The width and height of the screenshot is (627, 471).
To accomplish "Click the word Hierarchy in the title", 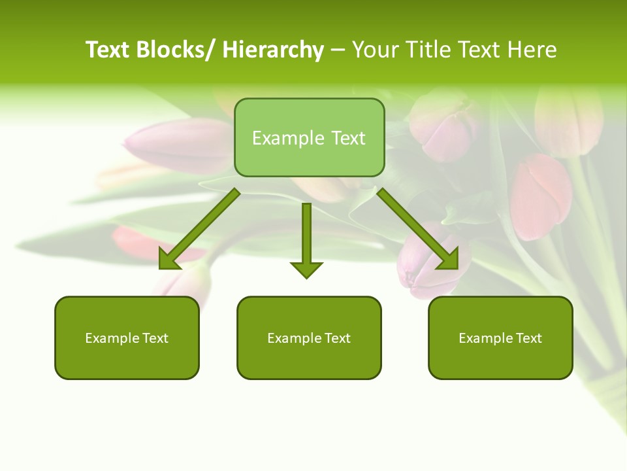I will (273, 50).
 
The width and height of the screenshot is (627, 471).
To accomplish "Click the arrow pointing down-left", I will (199, 229).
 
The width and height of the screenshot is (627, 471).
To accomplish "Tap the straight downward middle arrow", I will (306, 235).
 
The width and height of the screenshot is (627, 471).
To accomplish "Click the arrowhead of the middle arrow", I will (306, 270).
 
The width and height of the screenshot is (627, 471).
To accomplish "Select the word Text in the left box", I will (155, 338).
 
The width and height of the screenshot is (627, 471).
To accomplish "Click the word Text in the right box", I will (529, 338).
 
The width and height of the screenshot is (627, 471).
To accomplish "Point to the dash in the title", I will (338, 50).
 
